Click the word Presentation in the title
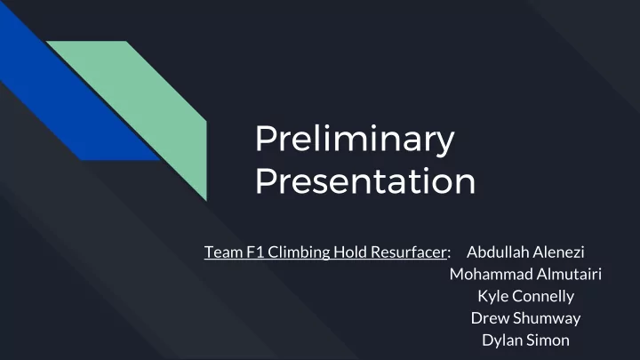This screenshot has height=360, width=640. click(365, 180)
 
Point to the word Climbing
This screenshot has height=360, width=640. click(299, 252)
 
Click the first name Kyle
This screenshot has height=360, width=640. click(492, 297)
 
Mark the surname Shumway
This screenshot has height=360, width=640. click(547, 319)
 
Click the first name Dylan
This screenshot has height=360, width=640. click(500, 340)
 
